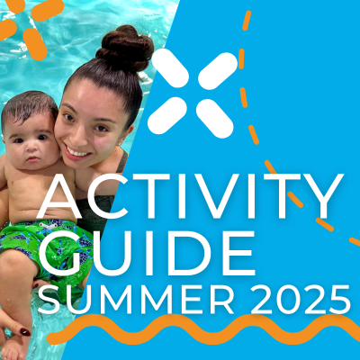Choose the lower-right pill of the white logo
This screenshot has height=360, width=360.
pos(215,117)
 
